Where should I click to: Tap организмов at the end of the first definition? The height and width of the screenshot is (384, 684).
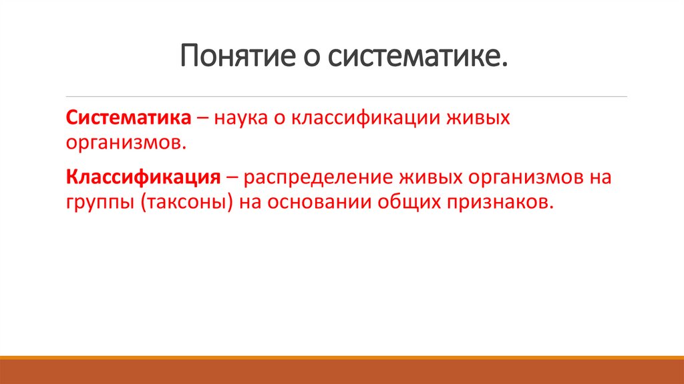pos(124,142)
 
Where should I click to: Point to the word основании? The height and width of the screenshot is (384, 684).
pos(321,203)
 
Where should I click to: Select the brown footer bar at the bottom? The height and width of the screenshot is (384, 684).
pos(342,371)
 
